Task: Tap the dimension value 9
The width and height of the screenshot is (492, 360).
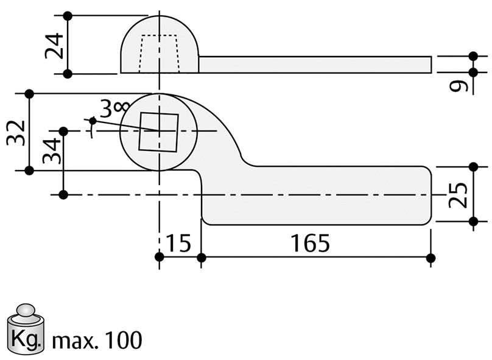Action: tap(460, 83)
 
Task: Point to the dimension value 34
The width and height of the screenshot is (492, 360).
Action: tap(53, 150)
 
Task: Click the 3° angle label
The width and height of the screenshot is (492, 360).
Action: tap(111, 110)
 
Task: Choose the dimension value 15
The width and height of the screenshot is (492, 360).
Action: tap(178, 244)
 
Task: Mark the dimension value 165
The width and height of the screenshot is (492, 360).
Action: tap(310, 244)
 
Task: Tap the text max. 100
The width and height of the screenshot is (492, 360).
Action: tap(97, 340)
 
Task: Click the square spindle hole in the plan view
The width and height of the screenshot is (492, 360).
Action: tap(158, 132)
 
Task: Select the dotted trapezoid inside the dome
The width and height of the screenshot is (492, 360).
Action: tap(160, 54)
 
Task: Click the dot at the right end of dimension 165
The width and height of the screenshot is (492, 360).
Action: tap(430, 258)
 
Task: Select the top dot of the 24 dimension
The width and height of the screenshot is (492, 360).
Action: tap(68, 15)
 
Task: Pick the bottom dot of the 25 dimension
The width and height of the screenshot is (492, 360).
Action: tap(474, 222)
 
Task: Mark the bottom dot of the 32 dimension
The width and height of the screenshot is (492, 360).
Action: tap(29, 171)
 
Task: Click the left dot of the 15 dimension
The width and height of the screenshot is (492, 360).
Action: tap(159, 258)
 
